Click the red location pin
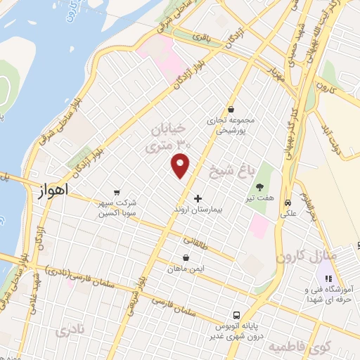coord(181,165)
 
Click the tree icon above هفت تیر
coord(259,187)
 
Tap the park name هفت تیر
coord(259,200)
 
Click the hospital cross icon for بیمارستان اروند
coord(198,198)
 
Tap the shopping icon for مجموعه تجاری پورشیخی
coord(231,109)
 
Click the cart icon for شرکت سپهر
coord(117,191)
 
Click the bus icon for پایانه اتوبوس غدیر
coord(237,316)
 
